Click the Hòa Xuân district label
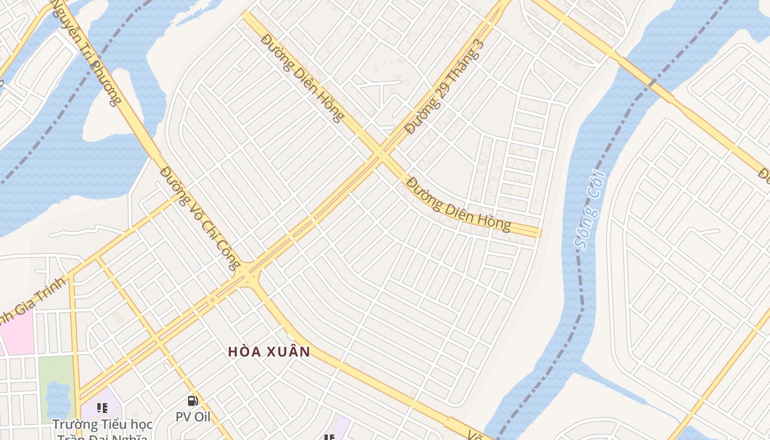coord(269,351)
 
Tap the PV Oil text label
coord(193,417)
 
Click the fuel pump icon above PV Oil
coord(193,401)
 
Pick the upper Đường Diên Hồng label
coord(302,77)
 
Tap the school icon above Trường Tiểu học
coord(102,408)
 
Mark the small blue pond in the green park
coord(57,399)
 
